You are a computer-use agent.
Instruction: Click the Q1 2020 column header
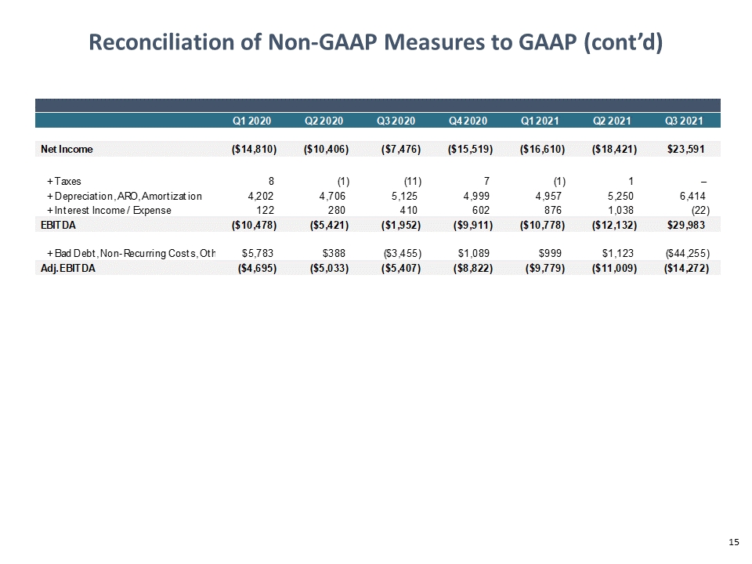pos(251,121)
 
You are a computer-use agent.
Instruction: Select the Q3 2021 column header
pos(684,121)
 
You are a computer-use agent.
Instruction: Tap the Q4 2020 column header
pos(468,121)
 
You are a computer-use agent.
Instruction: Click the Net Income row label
pos(67,149)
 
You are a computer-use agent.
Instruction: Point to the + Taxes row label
pos(64,181)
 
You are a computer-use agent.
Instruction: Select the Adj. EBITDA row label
pos(68,268)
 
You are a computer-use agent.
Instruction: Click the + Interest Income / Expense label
pos(109,210)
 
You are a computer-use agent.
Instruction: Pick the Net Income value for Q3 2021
pos(686,149)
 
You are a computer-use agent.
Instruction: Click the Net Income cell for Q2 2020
pos(326,149)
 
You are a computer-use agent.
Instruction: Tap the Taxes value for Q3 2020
pos(413,181)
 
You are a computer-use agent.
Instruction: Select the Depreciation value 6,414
pos(692,196)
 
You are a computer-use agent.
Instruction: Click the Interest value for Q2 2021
pos(620,210)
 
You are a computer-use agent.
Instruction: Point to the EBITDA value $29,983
pos(686,225)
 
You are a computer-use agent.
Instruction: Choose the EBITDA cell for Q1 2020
pos(254,225)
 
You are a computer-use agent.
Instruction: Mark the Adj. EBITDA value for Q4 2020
pos(473,268)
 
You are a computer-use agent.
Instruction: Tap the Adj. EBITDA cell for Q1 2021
pos(545,268)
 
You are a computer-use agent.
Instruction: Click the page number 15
pos(734,542)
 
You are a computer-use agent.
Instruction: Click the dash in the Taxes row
pos(703,182)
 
